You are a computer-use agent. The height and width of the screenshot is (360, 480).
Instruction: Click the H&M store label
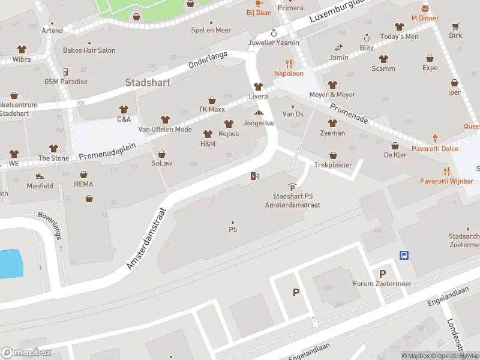(208, 144)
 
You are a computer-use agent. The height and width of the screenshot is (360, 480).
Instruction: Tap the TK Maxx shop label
(211, 110)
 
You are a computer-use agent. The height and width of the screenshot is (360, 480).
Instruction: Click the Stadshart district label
(148, 82)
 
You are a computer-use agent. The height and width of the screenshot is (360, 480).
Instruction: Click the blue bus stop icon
(404, 255)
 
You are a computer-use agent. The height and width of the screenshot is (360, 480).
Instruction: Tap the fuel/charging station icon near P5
(254, 176)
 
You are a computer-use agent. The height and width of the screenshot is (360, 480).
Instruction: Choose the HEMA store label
(83, 184)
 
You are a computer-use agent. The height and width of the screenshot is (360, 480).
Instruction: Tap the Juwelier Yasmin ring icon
(274, 33)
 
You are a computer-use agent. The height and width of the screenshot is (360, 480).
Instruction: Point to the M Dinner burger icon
(425, 8)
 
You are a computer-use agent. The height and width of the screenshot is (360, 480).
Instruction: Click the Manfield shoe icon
(40, 176)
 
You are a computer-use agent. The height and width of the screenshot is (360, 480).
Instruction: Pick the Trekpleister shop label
(333, 165)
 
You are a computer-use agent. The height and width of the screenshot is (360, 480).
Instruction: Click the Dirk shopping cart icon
(455, 26)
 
